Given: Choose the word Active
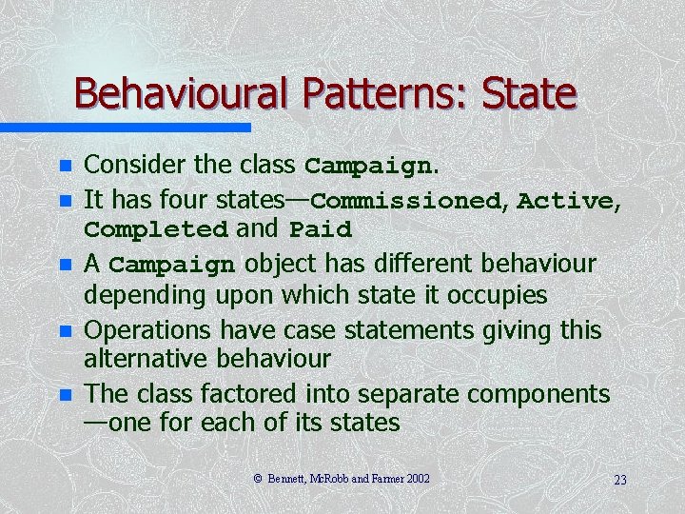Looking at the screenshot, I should tap(565, 201).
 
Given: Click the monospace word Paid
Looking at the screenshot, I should tap(321, 230).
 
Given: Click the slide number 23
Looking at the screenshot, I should tap(620, 480).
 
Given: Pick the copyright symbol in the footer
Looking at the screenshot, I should tap(258, 478).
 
